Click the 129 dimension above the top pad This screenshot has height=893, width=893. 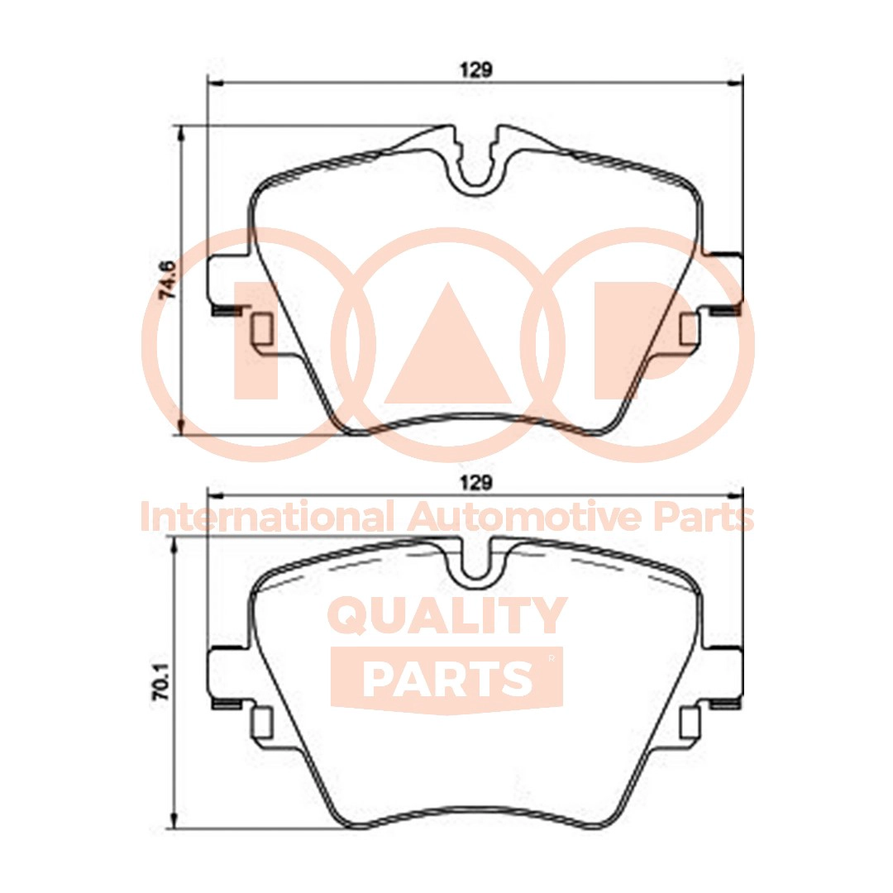476,70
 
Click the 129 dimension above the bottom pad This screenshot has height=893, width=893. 476,482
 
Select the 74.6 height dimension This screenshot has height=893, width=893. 167,279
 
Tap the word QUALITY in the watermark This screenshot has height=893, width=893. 447,616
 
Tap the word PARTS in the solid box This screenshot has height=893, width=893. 446,678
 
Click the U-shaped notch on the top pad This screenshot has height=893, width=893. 474,170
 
